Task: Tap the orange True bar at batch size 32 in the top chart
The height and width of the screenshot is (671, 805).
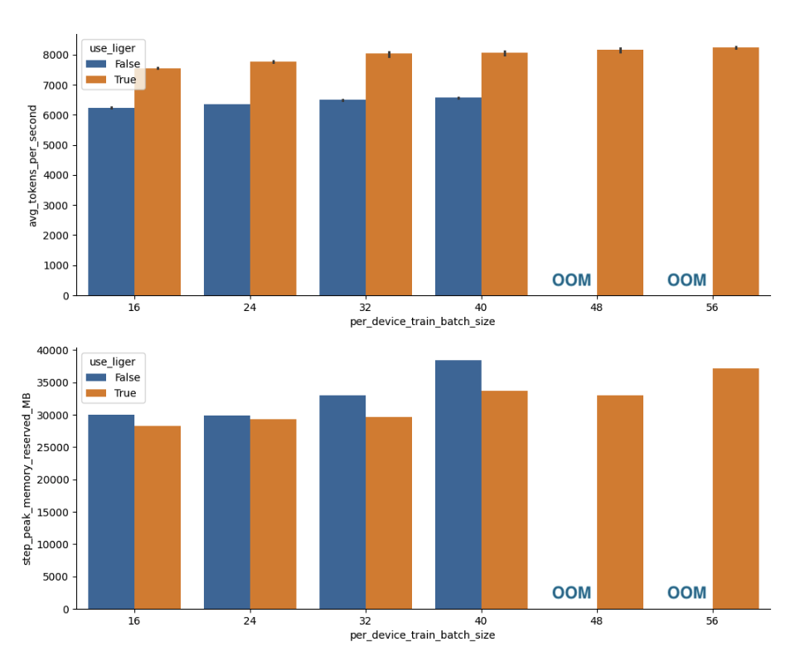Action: (x=389, y=174)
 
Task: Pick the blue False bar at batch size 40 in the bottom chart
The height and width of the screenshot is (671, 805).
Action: (x=458, y=484)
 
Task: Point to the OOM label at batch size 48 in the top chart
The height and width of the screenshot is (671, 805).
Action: (x=571, y=280)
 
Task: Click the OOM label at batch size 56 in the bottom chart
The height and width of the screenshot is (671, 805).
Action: (x=686, y=593)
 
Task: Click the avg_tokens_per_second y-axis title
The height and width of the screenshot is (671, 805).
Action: (x=33, y=166)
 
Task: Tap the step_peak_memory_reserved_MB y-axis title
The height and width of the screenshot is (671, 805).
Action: (x=27, y=479)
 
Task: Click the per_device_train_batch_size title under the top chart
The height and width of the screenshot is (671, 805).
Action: (x=422, y=322)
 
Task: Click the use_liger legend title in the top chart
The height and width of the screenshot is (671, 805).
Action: (x=113, y=48)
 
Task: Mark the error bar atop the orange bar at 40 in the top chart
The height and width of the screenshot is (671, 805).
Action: (x=504, y=53)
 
